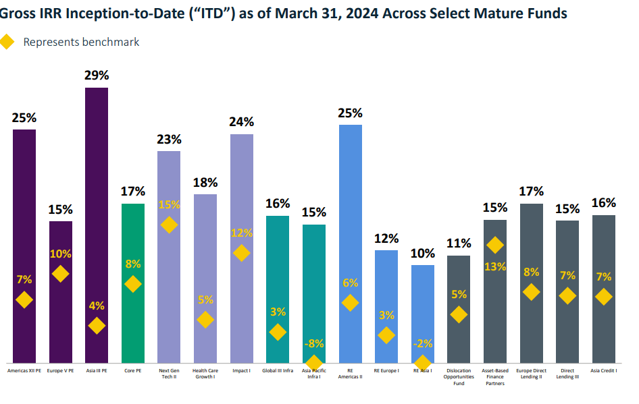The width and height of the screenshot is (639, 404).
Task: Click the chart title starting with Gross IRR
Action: pos(284,13)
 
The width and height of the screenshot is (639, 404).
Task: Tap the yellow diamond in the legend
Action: pos(7,42)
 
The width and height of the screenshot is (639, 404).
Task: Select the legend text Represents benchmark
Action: pos(81,42)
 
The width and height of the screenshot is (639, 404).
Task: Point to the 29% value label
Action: pos(97,76)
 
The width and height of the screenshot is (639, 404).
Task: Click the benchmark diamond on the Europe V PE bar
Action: pos(61,273)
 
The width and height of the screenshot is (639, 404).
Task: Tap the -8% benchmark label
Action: pos(314,343)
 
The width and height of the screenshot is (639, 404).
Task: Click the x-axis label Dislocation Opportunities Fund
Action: pos(459,377)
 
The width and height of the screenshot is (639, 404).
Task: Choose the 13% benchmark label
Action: pos(495,266)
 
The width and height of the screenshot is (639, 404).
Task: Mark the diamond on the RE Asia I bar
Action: pos(423,362)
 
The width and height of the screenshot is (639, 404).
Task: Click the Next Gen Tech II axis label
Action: pos(169,374)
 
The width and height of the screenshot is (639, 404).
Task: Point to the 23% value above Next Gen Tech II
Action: pos(169,140)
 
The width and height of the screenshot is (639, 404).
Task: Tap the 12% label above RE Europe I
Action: pos(386,239)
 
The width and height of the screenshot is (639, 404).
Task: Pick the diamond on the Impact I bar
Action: pos(241,253)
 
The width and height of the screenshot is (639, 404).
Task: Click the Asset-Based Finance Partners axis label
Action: pos(495,377)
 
